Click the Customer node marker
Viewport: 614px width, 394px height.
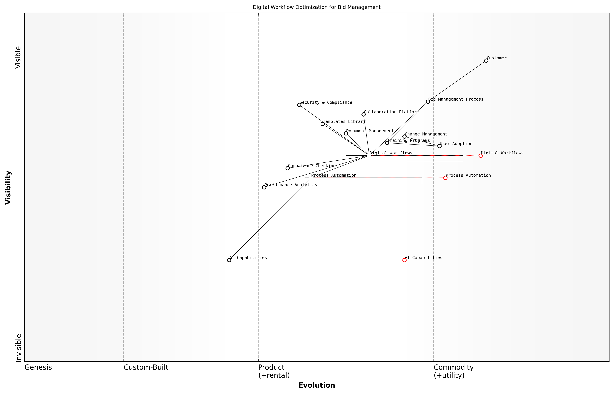[x=486, y=61]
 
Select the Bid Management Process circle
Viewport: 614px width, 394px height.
[x=428, y=102]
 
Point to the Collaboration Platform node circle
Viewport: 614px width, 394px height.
[x=364, y=114]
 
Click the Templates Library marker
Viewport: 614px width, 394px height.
[x=323, y=124]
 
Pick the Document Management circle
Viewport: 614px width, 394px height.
[x=346, y=133]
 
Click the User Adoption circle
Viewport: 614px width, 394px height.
[x=439, y=146]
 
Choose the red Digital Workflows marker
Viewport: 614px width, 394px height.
[x=481, y=156]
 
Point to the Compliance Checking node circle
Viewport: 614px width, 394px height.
[x=288, y=168]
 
